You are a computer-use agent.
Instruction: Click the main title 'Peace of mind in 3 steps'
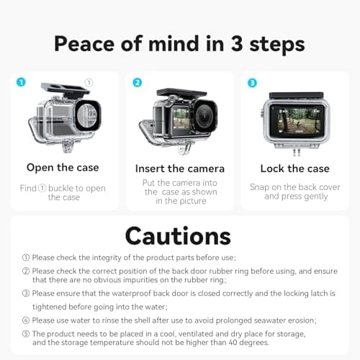tap(179, 42)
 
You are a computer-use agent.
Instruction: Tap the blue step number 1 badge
tap(20, 82)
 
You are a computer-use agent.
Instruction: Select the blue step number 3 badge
tap(251, 82)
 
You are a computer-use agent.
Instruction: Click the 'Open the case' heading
tap(63, 168)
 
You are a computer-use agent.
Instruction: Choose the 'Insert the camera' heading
tap(180, 168)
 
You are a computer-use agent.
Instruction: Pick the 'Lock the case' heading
tap(295, 168)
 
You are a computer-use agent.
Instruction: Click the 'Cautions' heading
tap(178, 235)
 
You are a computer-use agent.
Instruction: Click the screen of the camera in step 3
tap(294, 123)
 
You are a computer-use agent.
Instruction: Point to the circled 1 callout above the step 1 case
tap(89, 83)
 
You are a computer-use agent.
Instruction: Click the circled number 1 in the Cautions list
tap(26, 257)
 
